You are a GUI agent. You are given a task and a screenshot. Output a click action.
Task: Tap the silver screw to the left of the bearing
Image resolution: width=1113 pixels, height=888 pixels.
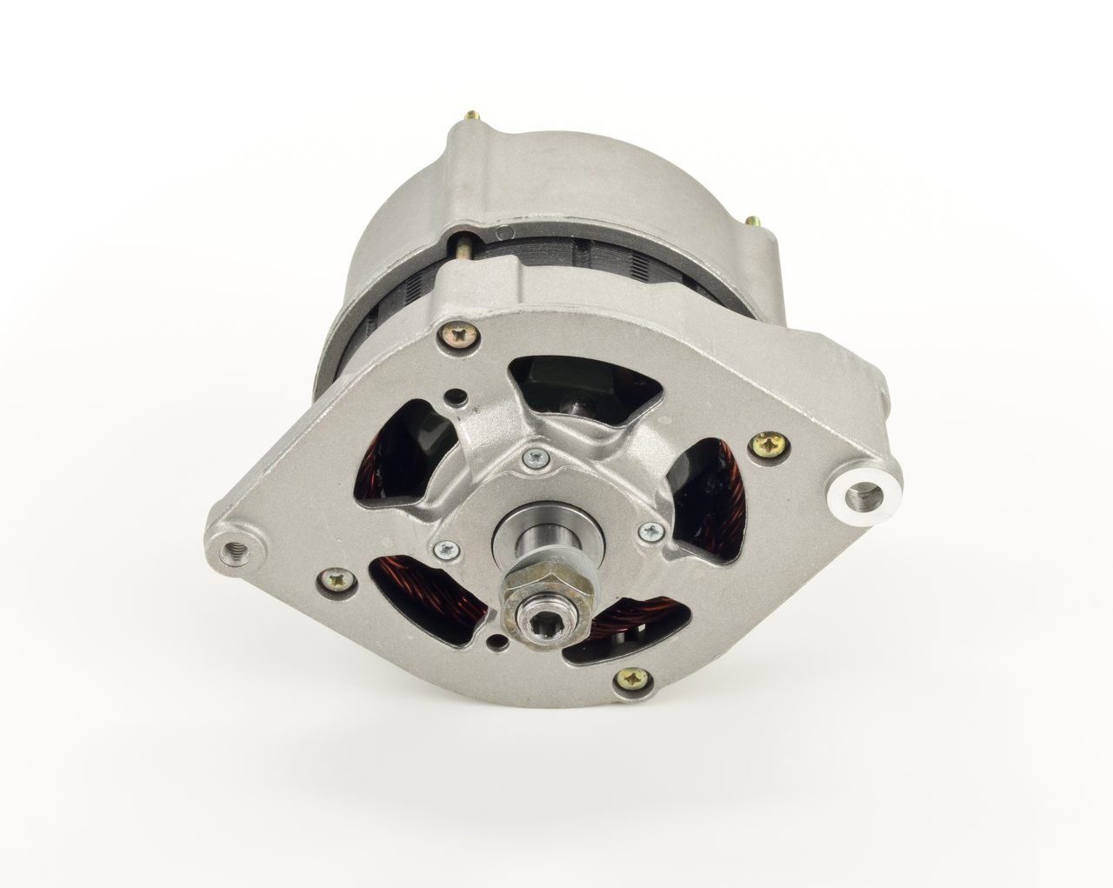[x=445, y=548]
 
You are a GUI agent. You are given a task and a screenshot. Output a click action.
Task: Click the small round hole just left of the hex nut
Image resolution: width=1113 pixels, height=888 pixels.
[x=496, y=644]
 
